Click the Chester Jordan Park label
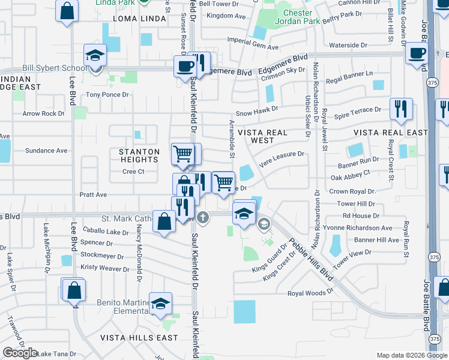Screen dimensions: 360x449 pyautogui.click(x=289, y=17)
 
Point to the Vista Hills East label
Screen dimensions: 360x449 pyautogui.click(x=139, y=338)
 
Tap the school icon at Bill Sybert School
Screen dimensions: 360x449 pyautogui.click(x=95, y=56)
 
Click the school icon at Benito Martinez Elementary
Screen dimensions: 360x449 pyautogui.click(x=160, y=304)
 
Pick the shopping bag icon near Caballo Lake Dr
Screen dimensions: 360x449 pyautogui.click(x=164, y=222)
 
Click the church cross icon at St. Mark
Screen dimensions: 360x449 pyautogui.click(x=203, y=217)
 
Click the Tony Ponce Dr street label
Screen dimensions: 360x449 pyautogui.click(x=107, y=95)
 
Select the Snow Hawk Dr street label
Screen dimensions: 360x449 pyautogui.click(x=257, y=110)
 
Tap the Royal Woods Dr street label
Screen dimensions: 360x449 pyautogui.click(x=310, y=293)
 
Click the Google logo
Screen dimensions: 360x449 pyautogui.click(x=19, y=353)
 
